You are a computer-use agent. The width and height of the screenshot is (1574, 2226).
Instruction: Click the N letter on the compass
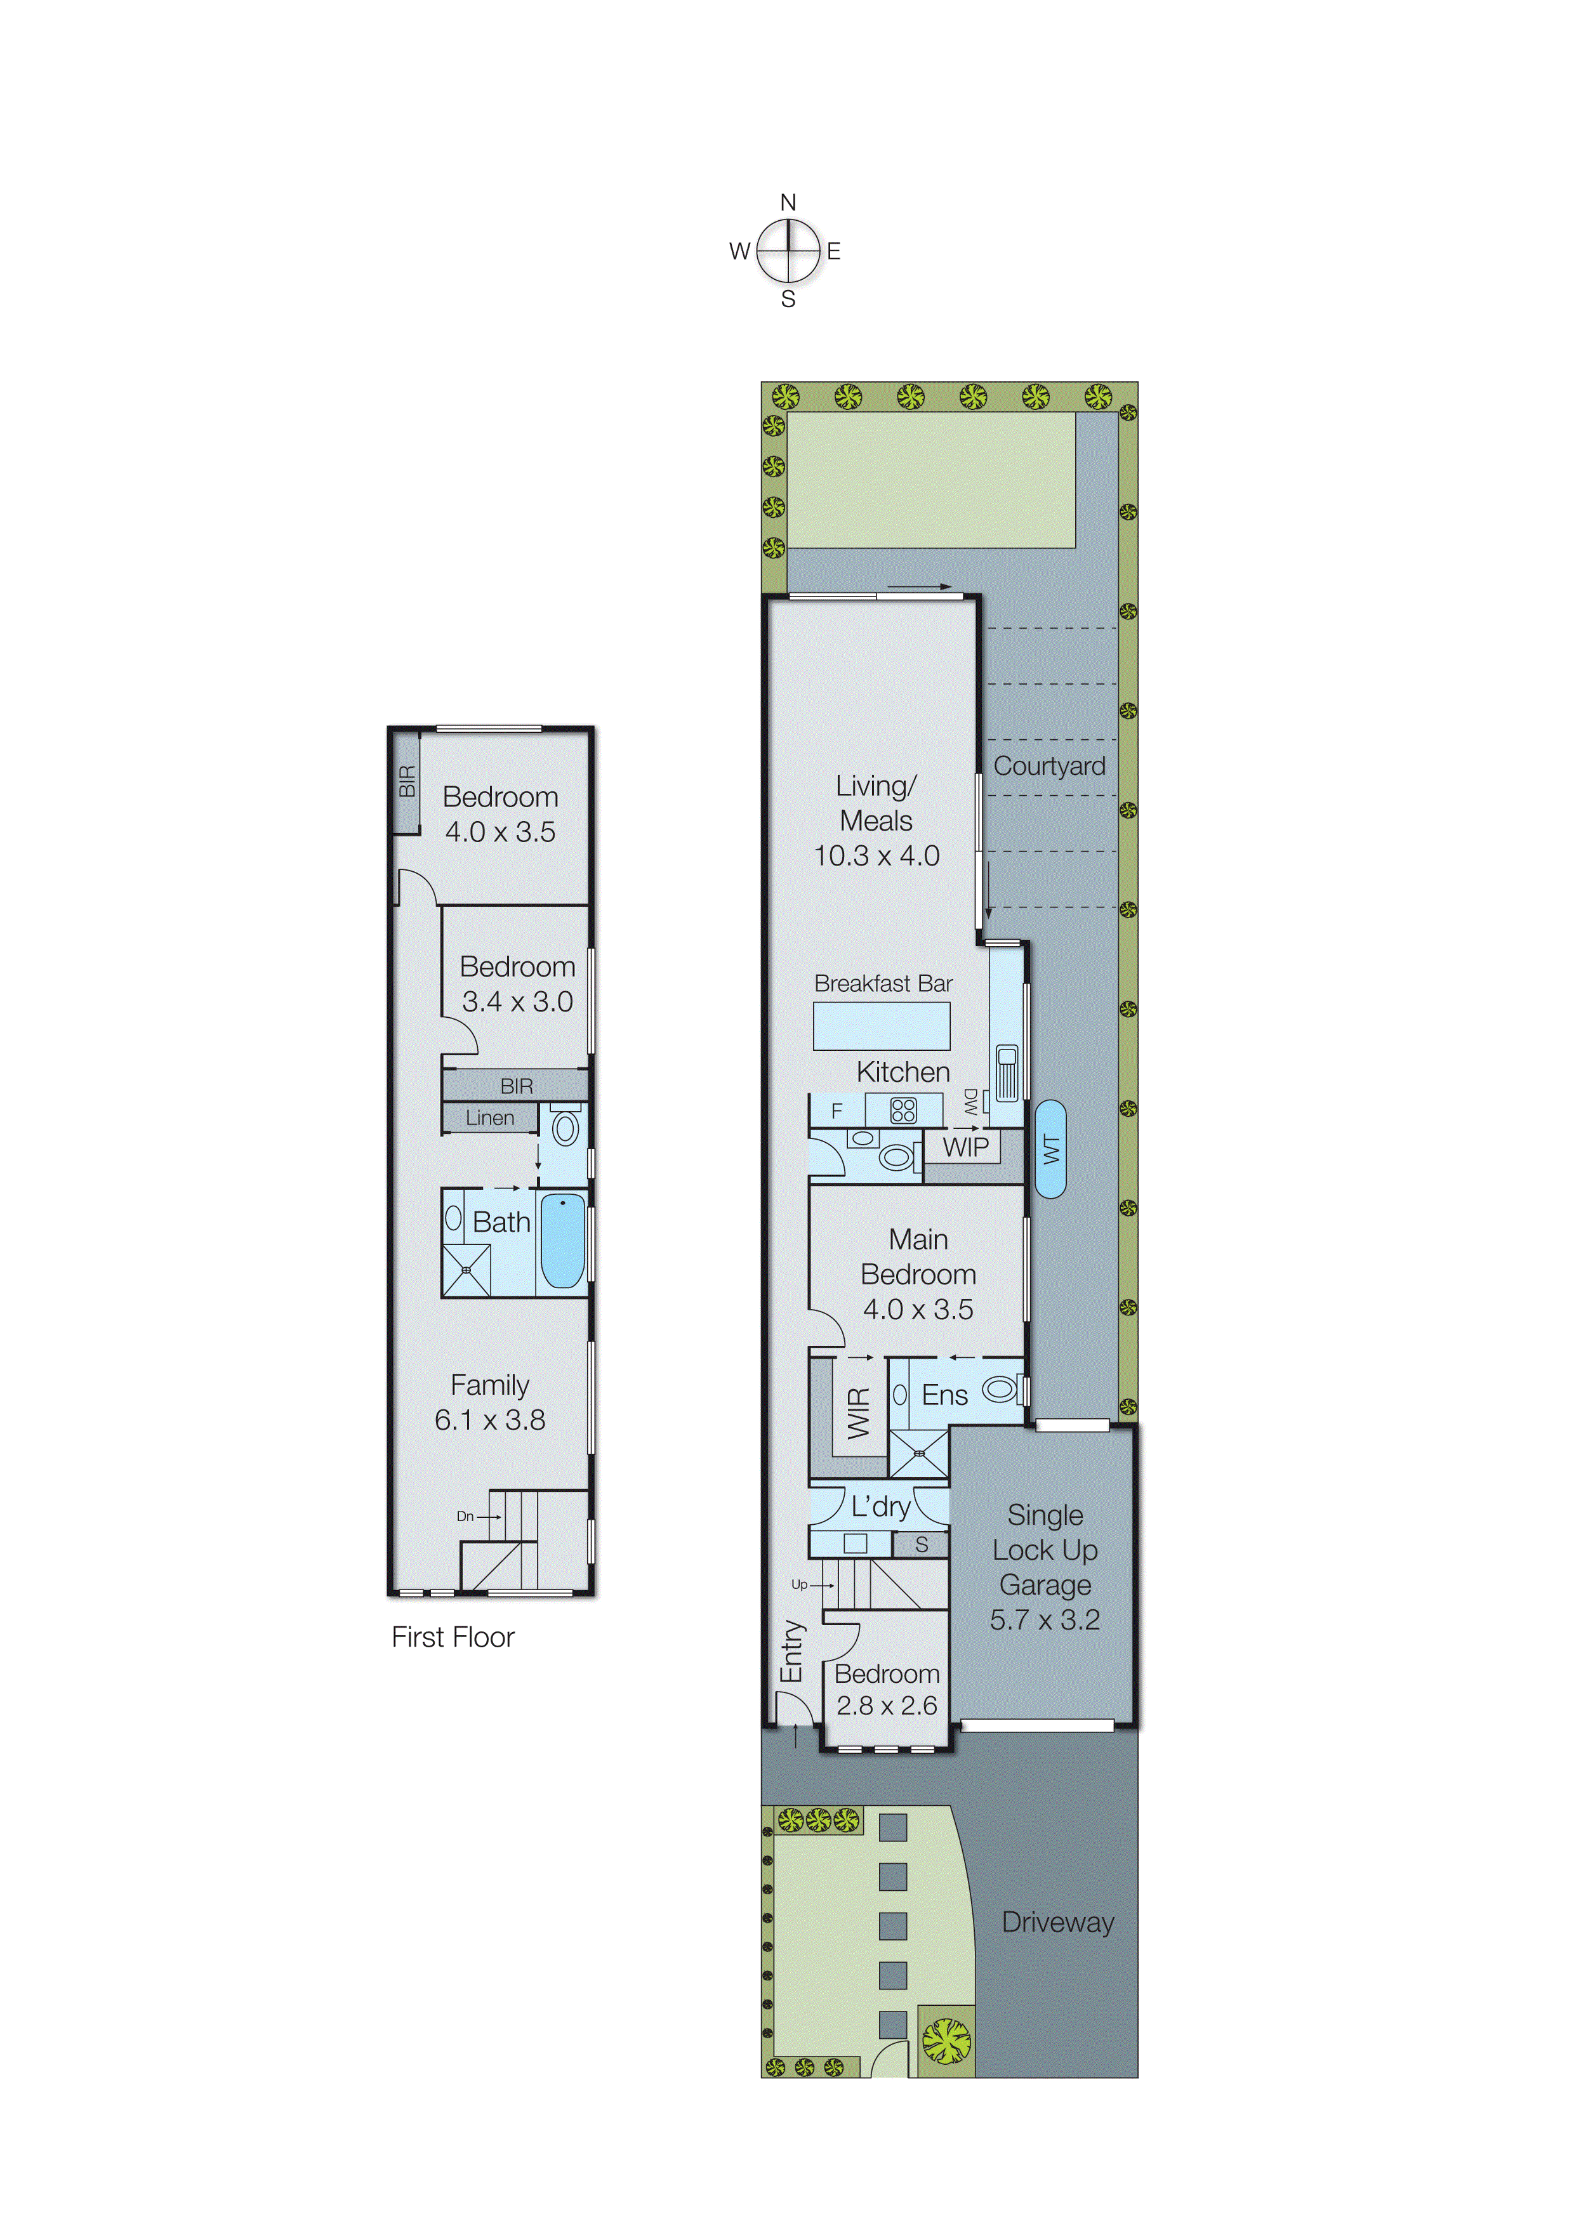[x=788, y=202]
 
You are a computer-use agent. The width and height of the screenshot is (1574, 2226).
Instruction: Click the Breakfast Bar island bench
[x=880, y=1025]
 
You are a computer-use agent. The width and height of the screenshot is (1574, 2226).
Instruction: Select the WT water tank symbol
[x=1050, y=1149]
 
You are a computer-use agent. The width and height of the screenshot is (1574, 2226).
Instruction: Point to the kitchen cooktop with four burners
[x=903, y=1110]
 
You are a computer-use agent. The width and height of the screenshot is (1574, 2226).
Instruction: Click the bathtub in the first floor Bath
[x=562, y=1241]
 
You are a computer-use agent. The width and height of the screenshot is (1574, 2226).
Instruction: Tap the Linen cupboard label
[x=490, y=1118]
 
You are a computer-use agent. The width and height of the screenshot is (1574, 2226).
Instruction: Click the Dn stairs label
[x=465, y=1517]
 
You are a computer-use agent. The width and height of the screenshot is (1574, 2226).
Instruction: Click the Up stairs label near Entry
[x=799, y=1584]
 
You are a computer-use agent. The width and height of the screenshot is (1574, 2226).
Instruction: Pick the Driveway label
[x=1057, y=1923]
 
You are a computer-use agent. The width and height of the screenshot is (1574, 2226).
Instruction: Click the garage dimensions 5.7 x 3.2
[x=1045, y=1620]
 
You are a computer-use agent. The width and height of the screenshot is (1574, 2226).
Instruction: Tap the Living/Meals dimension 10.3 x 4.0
[x=876, y=856]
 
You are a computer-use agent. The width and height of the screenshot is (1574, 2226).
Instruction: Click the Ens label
[x=944, y=1395]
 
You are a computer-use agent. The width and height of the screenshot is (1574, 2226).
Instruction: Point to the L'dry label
[x=880, y=1506]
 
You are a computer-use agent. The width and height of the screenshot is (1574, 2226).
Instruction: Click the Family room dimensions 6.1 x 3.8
[x=490, y=1420]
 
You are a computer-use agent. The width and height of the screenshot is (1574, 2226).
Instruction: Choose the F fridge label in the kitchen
[x=837, y=1111]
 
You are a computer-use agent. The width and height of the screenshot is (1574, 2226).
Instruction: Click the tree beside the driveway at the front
[x=946, y=2041]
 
